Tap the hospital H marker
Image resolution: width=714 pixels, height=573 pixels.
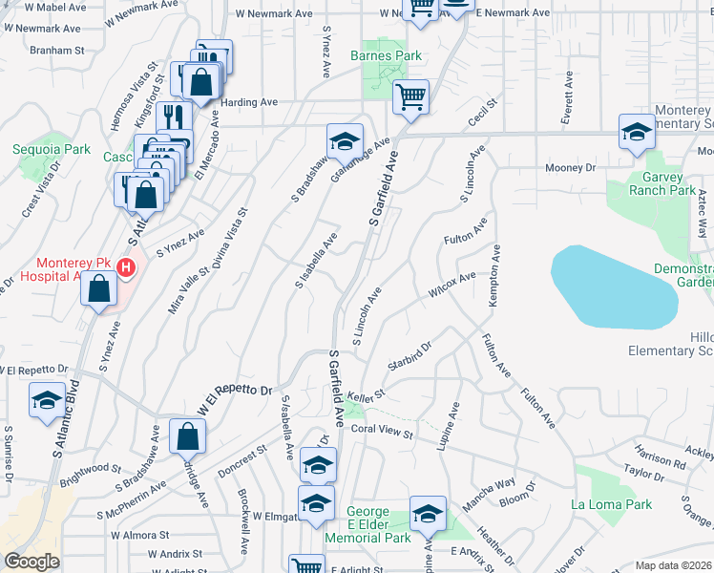(125, 270)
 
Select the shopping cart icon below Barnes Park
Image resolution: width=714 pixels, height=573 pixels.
(410, 97)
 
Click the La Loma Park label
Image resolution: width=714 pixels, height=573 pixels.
(610, 504)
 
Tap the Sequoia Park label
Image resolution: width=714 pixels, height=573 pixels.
(51, 149)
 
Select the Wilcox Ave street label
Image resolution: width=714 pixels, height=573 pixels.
(451, 282)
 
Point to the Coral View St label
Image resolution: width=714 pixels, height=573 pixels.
(381, 433)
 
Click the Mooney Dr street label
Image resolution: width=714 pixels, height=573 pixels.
(570, 168)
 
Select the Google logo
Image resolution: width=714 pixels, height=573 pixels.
(32, 562)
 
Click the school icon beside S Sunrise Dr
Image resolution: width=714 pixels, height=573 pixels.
(46, 401)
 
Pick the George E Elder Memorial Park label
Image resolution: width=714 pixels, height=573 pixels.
(379, 525)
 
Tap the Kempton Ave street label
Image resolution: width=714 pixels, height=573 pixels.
(494, 276)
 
